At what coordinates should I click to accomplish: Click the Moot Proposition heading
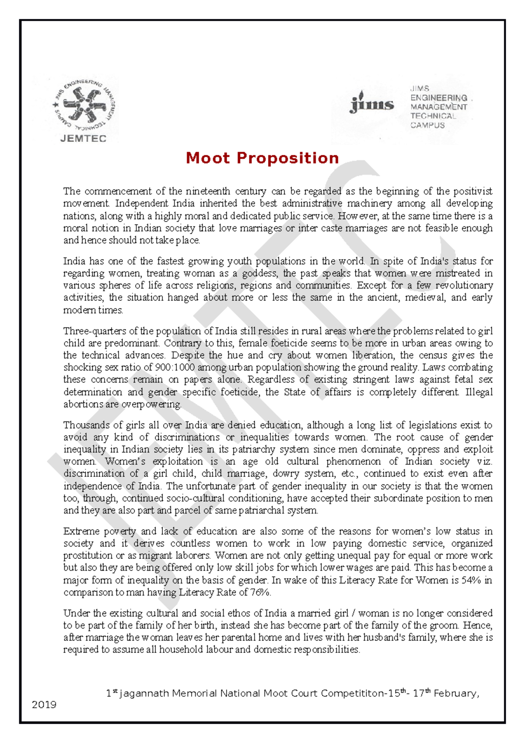262,158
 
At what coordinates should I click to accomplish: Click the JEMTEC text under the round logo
83,139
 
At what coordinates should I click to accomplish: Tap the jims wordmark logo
372,104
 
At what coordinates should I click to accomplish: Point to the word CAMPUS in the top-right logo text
427,125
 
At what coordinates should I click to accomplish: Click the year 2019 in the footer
44,704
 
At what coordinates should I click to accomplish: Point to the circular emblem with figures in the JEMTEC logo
84,105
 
